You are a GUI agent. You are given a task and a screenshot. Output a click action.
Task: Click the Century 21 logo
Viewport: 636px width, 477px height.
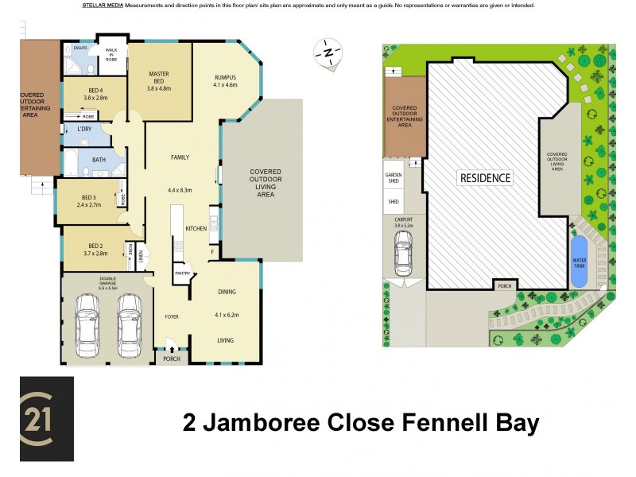tap(47, 419)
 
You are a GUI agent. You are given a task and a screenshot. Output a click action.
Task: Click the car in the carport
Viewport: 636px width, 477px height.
tap(403, 252)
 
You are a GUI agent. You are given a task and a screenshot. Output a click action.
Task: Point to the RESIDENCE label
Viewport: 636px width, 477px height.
tap(485, 178)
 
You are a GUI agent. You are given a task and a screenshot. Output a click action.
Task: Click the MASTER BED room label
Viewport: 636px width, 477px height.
tap(159, 78)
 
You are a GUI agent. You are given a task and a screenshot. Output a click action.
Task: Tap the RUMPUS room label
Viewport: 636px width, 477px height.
tap(226, 77)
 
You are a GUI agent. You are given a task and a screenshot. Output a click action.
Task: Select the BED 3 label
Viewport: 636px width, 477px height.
tap(88, 197)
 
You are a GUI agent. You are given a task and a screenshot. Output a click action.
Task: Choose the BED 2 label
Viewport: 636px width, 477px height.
tap(95, 246)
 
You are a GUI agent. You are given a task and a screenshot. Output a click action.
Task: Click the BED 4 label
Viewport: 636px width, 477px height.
tap(95, 91)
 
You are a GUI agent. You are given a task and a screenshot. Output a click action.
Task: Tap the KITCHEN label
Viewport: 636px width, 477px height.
tap(196, 228)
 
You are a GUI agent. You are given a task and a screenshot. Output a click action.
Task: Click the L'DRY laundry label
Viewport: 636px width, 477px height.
tap(84, 130)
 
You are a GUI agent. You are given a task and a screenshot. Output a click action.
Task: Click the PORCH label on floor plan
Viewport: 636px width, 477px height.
tap(171, 359)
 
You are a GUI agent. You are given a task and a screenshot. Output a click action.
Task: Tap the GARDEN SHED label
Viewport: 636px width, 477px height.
tap(394, 177)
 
